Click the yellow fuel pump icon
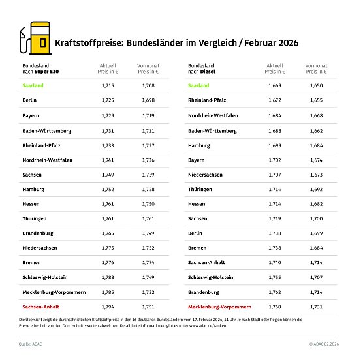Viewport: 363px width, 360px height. [x=35, y=40]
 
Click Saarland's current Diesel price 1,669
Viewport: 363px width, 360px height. [x=275, y=85]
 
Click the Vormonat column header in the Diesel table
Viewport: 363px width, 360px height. [x=319, y=69]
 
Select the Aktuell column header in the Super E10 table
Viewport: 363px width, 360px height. [x=108, y=69]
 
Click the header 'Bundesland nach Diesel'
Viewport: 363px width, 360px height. [x=204, y=69]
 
